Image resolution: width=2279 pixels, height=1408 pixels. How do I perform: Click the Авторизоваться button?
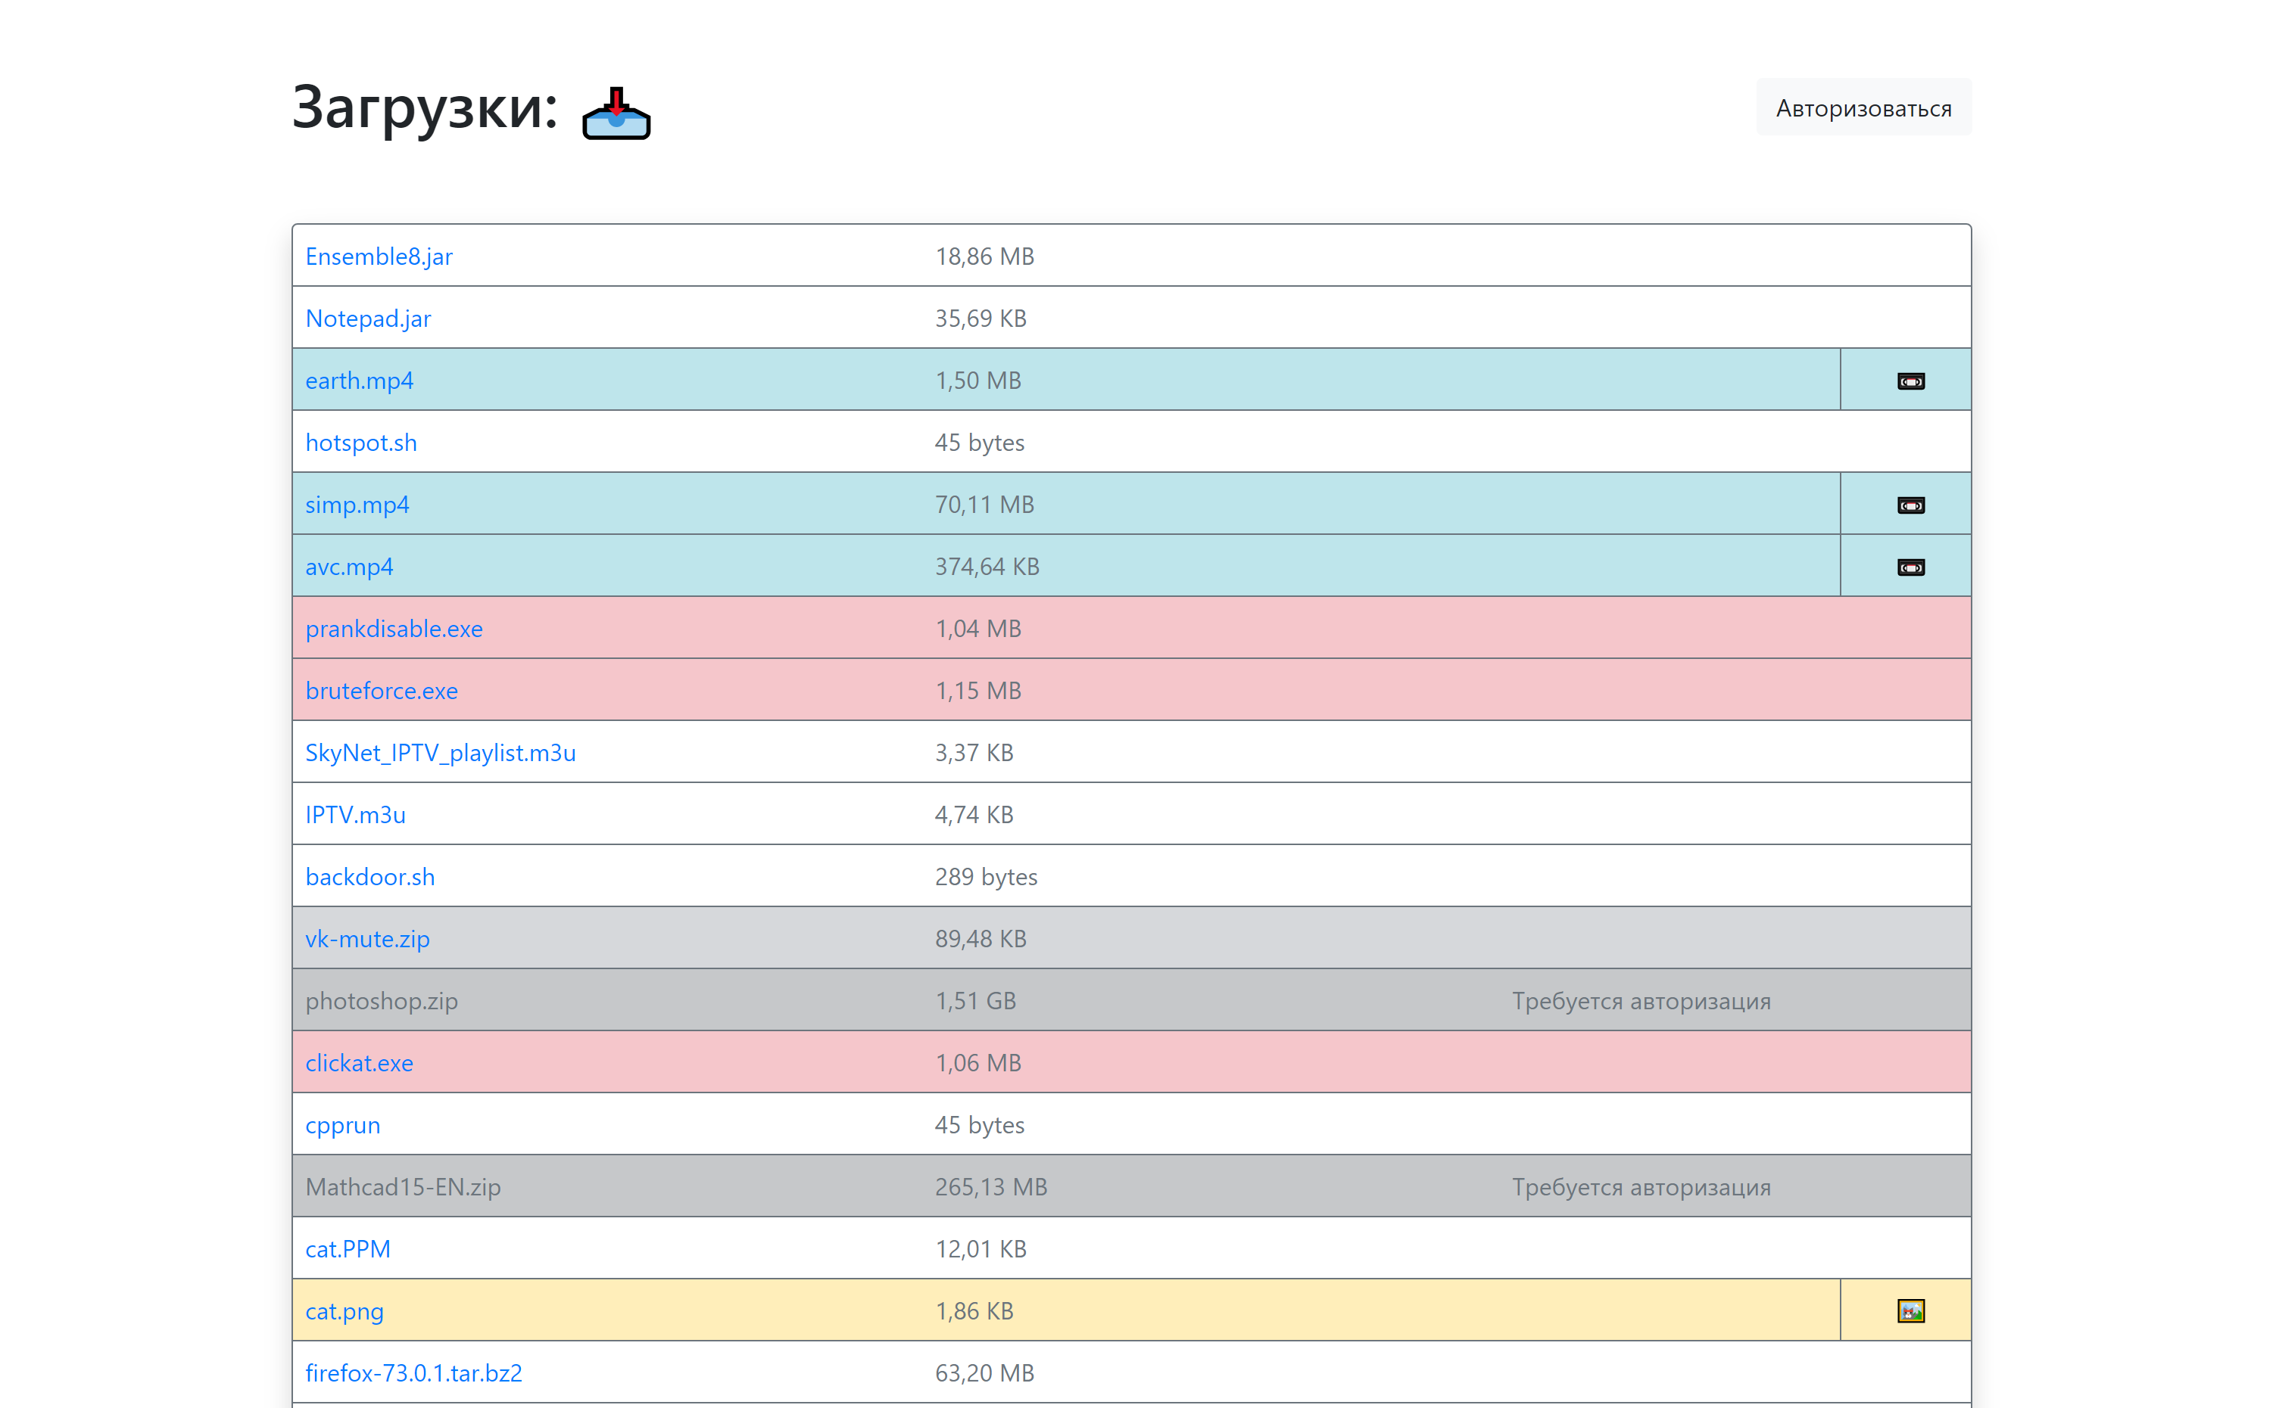(x=1863, y=108)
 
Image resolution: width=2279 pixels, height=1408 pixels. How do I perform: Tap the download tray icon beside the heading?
(x=616, y=113)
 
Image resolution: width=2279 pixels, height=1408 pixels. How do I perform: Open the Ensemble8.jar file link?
(x=379, y=256)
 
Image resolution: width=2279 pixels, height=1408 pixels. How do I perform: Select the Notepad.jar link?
(x=368, y=319)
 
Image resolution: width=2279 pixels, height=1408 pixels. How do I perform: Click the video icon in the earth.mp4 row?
(x=1910, y=381)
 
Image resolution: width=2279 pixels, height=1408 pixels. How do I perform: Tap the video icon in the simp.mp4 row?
(x=1910, y=505)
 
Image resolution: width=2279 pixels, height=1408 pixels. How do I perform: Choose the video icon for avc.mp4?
(x=1910, y=567)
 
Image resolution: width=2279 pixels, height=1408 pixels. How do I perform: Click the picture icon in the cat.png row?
(x=1910, y=1311)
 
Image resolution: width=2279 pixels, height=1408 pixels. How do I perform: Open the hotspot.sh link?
(x=360, y=443)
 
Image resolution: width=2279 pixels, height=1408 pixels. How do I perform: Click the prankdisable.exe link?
(x=394, y=629)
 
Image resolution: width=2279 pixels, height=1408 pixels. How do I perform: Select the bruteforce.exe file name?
(x=381, y=691)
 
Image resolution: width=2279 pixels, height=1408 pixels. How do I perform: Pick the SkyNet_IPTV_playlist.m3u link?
(x=440, y=753)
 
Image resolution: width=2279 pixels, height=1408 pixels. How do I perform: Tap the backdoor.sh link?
(x=370, y=876)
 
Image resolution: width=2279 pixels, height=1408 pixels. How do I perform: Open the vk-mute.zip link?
(x=367, y=939)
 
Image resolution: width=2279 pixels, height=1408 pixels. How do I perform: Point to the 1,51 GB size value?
(x=975, y=1001)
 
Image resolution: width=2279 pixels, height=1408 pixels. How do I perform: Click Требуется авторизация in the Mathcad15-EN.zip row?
(x=1641, y=1187)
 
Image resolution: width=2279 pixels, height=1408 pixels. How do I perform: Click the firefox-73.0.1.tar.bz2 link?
(x=413, y=1372)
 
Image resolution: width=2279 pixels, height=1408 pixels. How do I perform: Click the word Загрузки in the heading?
(x=424, y=107)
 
